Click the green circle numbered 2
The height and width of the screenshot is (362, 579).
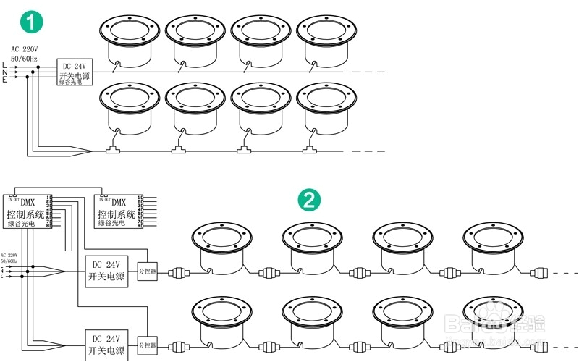(309, 200)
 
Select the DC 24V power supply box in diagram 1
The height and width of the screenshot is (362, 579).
(76, 73)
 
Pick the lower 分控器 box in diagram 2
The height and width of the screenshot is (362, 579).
(147, 345)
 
